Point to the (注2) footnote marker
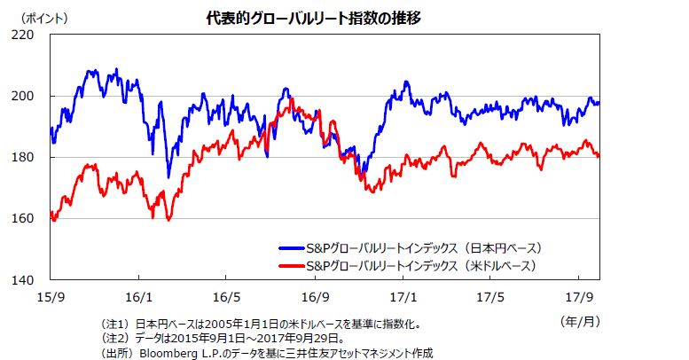[115, 338]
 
